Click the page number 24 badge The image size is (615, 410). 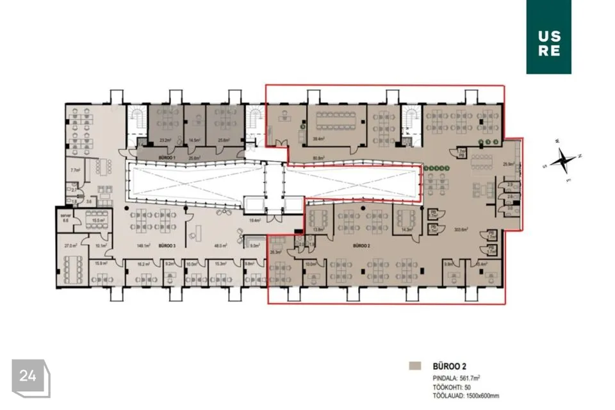[29, 377]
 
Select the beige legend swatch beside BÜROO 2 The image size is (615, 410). [414, 366]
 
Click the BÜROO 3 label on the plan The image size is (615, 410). [167, 245]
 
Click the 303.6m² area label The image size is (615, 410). [461, 229]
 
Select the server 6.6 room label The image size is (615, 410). [65, 218]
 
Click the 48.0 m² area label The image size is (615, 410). [221, 245]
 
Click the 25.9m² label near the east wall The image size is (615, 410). [510, 165]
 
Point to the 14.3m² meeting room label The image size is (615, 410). [405, 229]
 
